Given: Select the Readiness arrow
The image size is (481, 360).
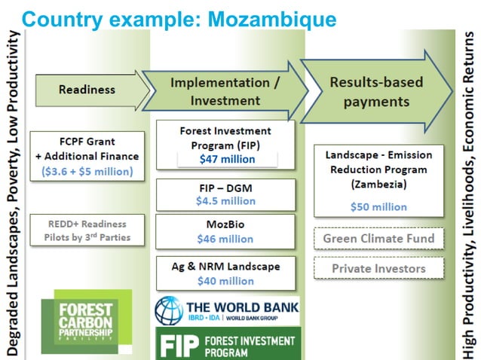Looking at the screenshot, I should [x=87, y=90].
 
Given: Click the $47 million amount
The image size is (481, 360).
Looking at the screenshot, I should [x=227, y=159].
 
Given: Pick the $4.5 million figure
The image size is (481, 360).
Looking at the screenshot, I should [x=226, y=200].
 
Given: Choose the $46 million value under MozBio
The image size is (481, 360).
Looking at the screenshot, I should [x=225, y=239].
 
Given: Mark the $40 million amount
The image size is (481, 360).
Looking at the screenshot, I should [x=225, y=280].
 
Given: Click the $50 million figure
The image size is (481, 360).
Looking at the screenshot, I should [x=378, y=206].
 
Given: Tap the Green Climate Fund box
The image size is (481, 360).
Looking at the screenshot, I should [x=378, y=239].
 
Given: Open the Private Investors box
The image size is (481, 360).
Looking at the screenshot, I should [x=378, y=268].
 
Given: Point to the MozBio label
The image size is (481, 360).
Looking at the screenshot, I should [x=226, y=224].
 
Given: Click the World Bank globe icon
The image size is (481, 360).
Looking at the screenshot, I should [x=170, y=310].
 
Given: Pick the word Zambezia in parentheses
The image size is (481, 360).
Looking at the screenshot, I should [x=378, y=185].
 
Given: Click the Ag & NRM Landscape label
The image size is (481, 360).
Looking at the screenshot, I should [x=226, y=266].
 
